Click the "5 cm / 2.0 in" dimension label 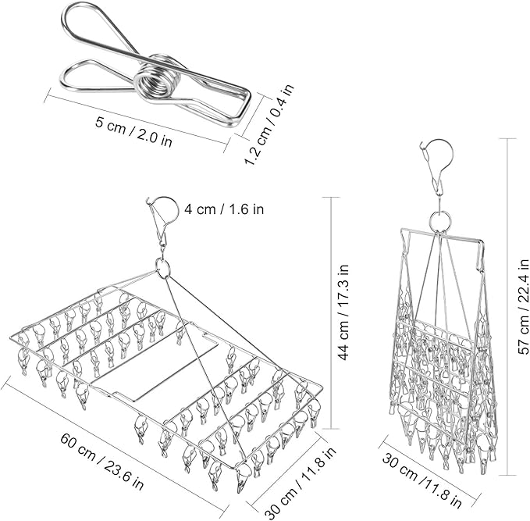point(133,131)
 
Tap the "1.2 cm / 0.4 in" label point(269,125)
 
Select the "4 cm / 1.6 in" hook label point(224,209)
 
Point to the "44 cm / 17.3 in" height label point(343,312)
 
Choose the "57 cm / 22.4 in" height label point(523,306)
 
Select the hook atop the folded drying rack point(438,165)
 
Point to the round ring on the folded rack point(440,220)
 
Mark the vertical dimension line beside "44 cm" point(330,313)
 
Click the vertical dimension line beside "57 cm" point(507,307)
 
